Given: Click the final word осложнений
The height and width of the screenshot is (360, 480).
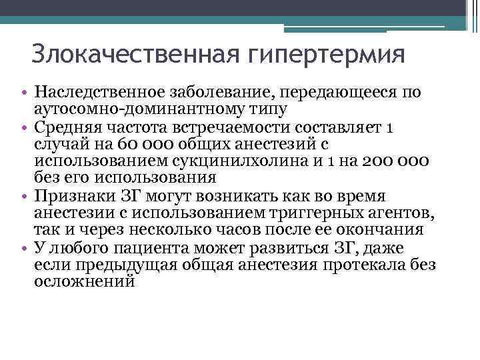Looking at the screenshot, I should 85,282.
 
